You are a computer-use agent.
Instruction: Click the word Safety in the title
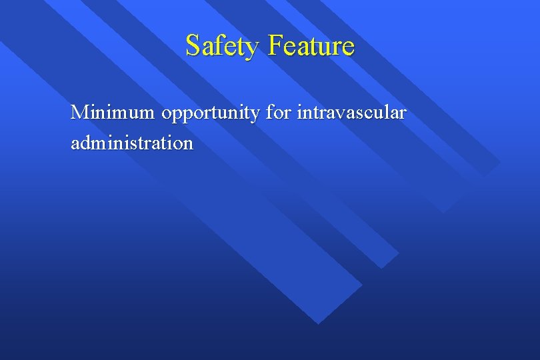point(223,46)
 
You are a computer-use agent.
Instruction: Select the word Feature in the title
point(311,46)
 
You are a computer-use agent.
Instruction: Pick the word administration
point(132,143)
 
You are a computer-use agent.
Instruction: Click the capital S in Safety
point(193,46)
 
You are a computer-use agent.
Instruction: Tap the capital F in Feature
point(274,46)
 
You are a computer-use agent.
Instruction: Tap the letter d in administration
point(85,142)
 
